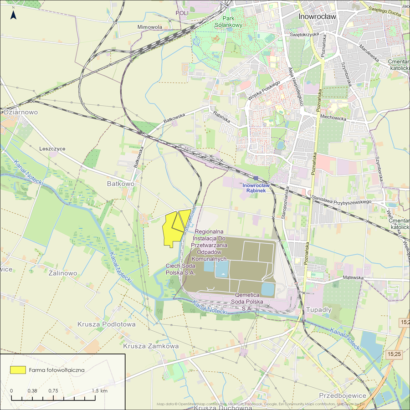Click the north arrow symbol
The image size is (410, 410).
click(x=14, y=15)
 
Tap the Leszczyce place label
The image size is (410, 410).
click(x=52, y=149)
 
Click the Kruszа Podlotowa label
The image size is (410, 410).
click(x=107, y=324)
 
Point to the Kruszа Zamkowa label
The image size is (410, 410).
click(x=151, y=346)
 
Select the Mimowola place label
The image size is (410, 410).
click(x=150, y=27)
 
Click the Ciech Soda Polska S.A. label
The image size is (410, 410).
click(x=180, y=269)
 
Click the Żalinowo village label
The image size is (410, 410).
click(x=63, y=273)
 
